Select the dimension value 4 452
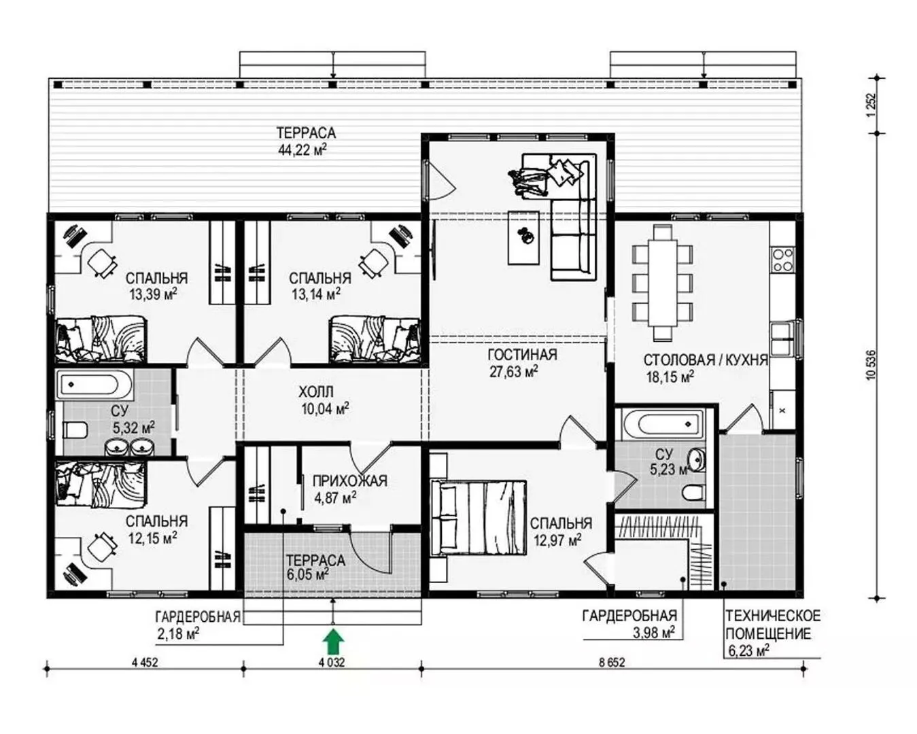pos(145,663)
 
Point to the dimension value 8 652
pos(612,663)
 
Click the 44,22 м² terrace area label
pos(302,150)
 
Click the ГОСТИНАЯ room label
pos(523,355)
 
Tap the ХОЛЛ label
pos(316,391)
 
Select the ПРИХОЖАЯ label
pos(350,481)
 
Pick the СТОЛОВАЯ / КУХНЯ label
pos(705,360)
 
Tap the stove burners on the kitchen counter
pos(783,260)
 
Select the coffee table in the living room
pos(523,238)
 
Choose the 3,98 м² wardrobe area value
pos(653,633)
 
